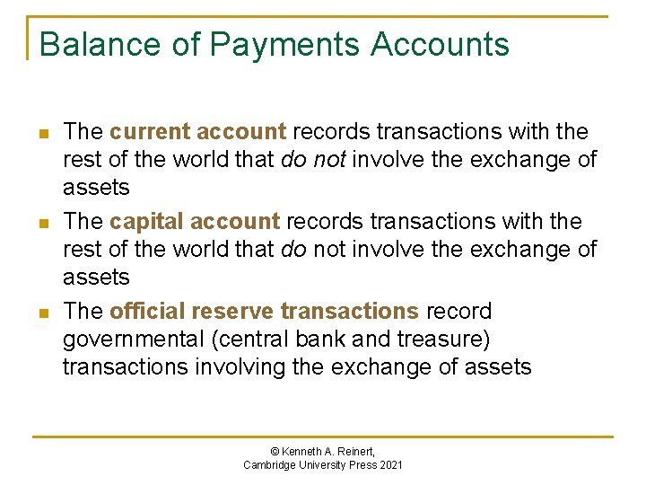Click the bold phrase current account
[x=197, y=132]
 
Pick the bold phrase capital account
[x=195, y=222]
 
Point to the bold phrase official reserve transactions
[x=264, y=312]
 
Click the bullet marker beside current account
[x=42, y=133]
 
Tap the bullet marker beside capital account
[x=42, y=223]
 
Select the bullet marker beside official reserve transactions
[x=42, y=313]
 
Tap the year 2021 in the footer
[x=390, y=464]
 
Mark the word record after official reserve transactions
[x=459, y=312]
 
